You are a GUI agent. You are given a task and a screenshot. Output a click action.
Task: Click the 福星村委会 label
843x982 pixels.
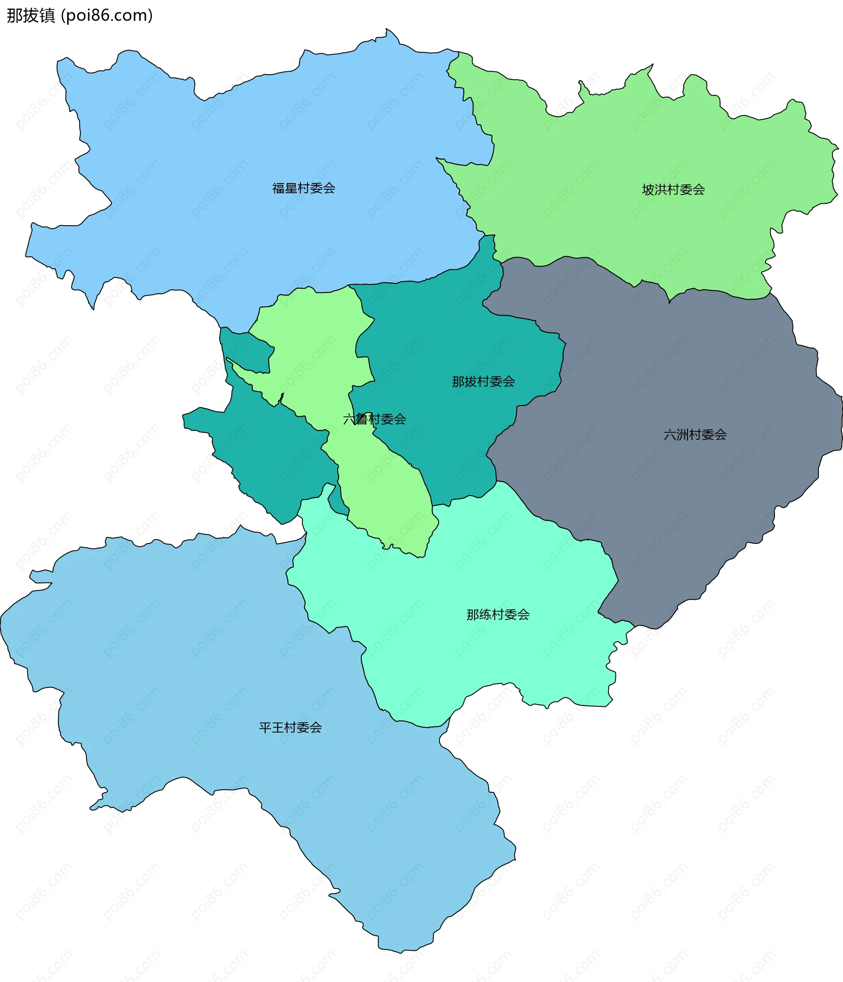[303, 189]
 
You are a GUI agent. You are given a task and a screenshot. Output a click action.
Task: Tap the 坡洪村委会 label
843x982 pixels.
[673, 190]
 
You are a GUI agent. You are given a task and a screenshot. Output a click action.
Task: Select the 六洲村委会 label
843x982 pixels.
[695, 435]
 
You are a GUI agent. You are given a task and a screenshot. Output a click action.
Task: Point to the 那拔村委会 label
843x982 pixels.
[483, 381]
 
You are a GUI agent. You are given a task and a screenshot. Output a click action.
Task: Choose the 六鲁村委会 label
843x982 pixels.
[375, 419]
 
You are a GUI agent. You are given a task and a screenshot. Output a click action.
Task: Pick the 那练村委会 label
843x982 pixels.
[498, 615]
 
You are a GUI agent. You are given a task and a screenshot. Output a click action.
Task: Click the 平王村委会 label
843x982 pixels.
[290, 727]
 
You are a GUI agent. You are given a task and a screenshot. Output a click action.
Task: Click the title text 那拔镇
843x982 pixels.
[31, 16]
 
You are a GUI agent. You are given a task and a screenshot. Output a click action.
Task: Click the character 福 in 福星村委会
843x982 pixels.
[278, 189]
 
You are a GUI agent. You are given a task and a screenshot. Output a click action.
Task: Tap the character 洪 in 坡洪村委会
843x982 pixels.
[660, 190]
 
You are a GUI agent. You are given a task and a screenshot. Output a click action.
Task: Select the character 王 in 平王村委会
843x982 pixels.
[277, 727]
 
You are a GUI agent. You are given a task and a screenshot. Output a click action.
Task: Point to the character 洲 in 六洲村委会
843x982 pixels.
[682, 435]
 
